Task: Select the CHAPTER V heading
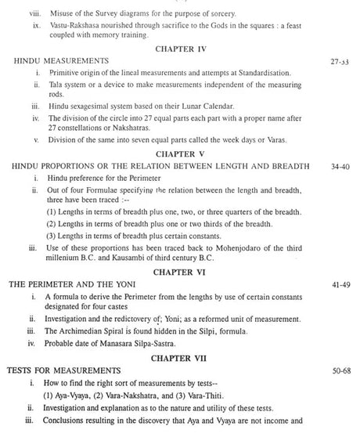tap(180, 154)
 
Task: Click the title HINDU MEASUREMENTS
tap(62, 60)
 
